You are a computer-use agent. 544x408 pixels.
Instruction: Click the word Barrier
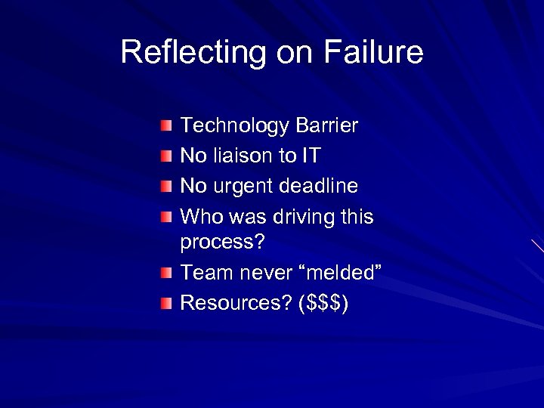(x=326, y=125)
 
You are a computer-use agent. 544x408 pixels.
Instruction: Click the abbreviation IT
(x=311, y=156)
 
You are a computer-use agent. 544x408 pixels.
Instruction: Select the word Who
(x=198, y=217)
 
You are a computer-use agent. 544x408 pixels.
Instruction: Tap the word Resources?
(x=236, y=303)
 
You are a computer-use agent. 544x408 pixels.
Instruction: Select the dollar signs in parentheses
(x=323, y=303)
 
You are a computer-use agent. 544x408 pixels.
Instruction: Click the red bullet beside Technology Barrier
(x=165, y=124)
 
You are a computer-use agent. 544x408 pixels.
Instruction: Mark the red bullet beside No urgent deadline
(x=165, y=184)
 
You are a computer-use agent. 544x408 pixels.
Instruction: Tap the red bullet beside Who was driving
(x=165, y=215)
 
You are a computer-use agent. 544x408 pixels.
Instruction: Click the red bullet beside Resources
(x=165, y=301)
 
